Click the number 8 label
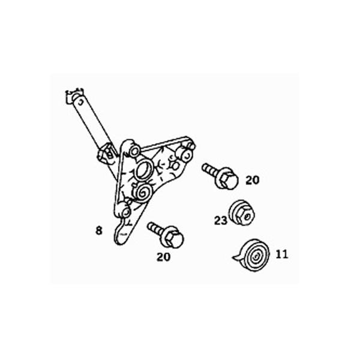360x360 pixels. pos(99,230)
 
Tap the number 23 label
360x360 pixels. pos(221,221)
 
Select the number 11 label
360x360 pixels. pos(282,254)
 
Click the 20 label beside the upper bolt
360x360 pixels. pos(253,180)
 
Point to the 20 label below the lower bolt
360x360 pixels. pos(163,257)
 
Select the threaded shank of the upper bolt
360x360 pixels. pos(209,169)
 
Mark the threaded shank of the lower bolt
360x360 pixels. pos(156,228)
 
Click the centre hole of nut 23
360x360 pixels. pos(247,216)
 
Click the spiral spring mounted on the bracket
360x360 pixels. pos(143,193)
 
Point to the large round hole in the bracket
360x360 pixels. pos(143,170)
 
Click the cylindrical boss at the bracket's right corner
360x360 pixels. pos(187,154)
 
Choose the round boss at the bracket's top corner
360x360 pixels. pos(134,151)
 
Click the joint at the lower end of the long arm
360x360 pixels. pos(106,154)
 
